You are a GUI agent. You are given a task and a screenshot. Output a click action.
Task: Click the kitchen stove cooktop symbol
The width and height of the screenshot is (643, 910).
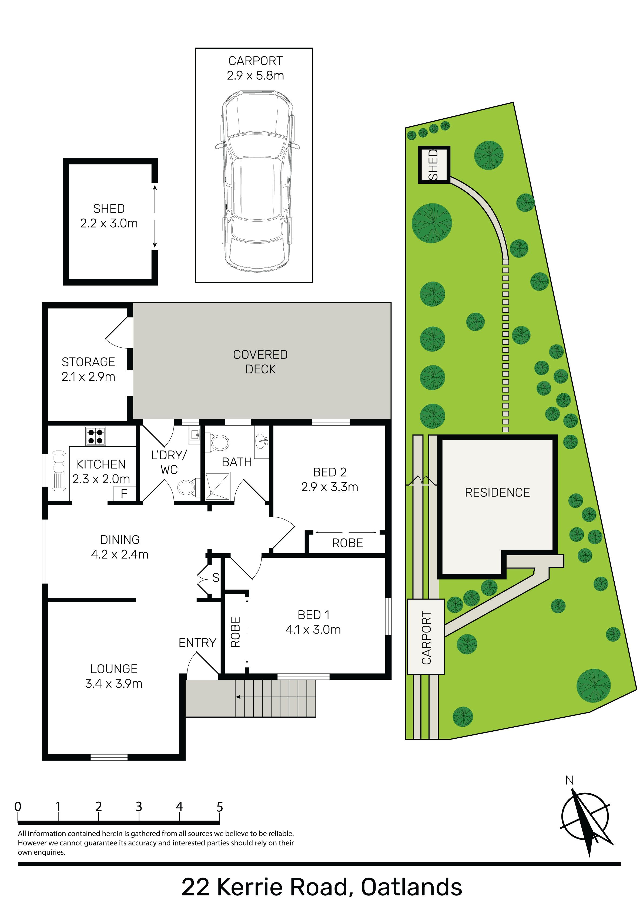pos(96,436)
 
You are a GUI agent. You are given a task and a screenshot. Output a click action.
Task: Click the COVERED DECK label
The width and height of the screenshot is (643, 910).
pos(260,362)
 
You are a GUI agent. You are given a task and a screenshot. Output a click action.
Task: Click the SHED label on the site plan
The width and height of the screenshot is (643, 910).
pos(433,165)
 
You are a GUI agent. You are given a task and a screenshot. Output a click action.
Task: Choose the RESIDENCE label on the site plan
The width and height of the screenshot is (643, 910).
pos(497,492)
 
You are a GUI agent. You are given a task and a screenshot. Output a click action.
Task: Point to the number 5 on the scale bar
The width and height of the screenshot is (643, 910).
pos(220,807)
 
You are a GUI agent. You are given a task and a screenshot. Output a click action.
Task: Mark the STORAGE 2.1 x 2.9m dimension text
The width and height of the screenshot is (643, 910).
pos(88,377)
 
